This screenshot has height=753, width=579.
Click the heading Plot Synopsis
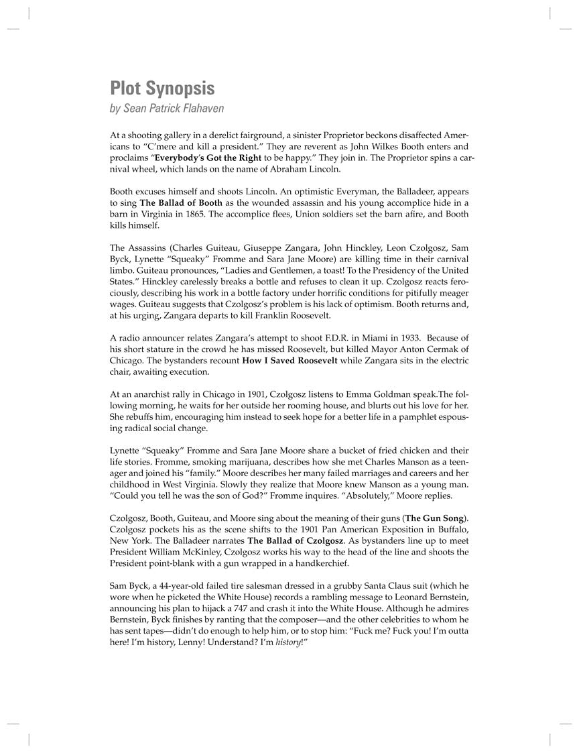pos(162,89)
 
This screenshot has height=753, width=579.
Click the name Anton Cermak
pos(411,349)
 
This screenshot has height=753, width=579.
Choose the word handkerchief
pos(315,563)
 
